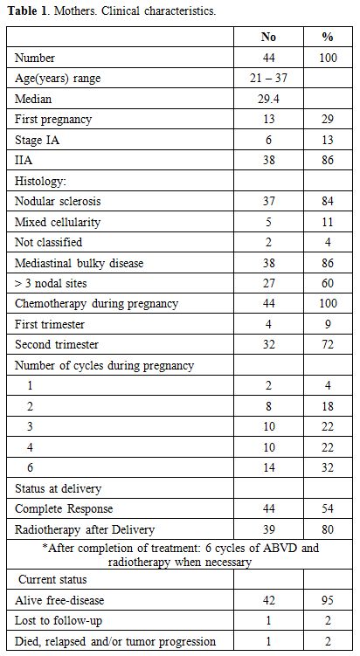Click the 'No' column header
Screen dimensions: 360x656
[268, 37]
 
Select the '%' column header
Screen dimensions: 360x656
[328, 37]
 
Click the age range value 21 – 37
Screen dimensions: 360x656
[268, 78]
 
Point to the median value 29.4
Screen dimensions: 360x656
[268, 99]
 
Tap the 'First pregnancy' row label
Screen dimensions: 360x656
[53, 120]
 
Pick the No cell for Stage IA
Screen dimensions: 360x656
[268, 140]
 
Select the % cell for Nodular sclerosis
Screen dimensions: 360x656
[328, 201]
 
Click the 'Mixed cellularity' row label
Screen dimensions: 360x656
[58, 222]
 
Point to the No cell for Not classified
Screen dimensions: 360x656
[268, 242]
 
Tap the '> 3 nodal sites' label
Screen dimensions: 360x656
[51, 283]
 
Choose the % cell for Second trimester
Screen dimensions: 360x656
[328, 344]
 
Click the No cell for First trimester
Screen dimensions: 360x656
[268, 324]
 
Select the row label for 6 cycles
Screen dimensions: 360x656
[30, 467]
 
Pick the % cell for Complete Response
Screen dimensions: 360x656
[328, 508]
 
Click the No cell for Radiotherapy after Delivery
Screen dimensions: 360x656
[268, 529]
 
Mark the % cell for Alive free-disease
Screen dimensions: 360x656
[328, 600]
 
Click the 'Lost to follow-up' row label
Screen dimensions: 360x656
[59, 621]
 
